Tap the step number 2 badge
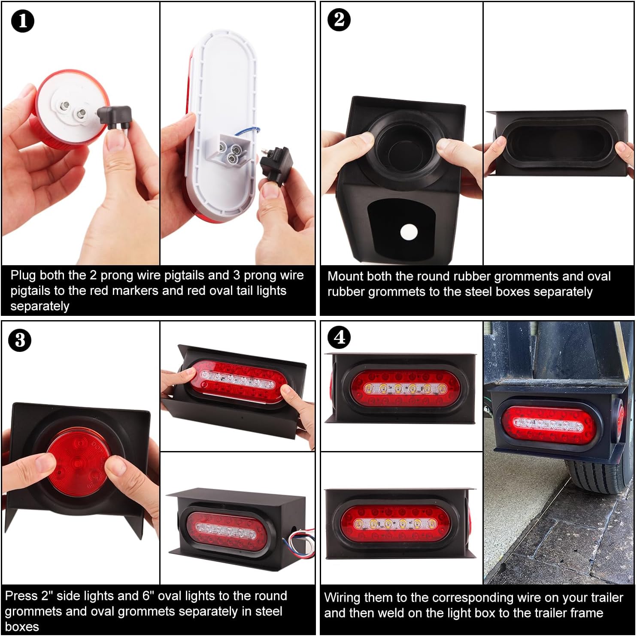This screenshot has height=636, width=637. pos(339,20)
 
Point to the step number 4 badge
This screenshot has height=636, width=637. pos(339,338)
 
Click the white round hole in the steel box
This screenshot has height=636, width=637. pos(408,232)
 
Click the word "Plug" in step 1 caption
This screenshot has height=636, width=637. pos(22,276)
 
